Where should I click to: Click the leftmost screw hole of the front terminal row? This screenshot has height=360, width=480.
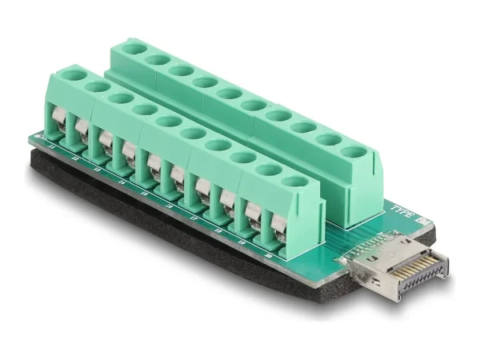coord(78,78)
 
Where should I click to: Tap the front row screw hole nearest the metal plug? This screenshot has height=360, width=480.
coord(295,183)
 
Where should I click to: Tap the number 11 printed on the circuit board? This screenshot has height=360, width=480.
coord(52,146)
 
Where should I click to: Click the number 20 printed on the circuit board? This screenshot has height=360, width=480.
coord(269,255)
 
